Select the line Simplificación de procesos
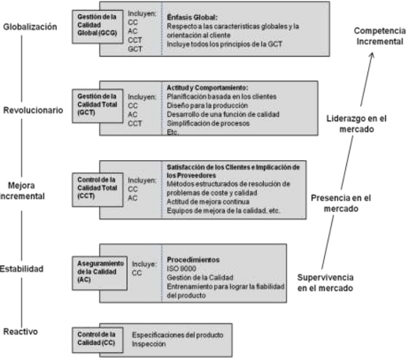[x=200, y=124]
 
